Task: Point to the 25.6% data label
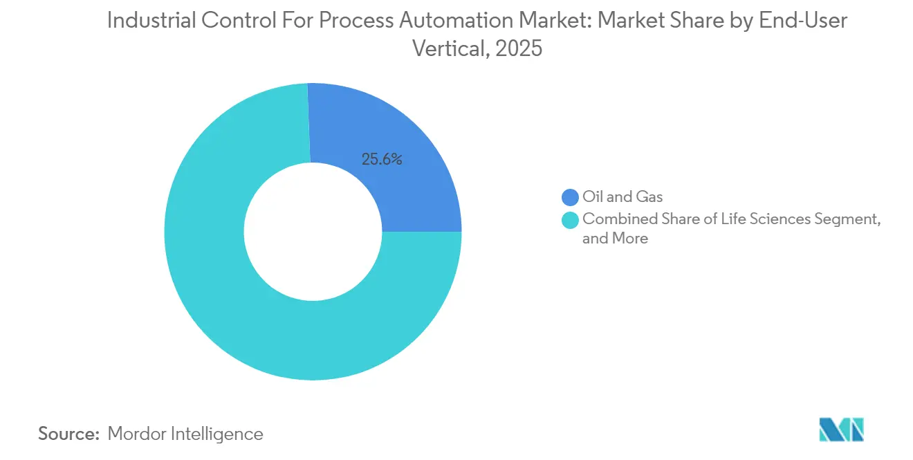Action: (382, 159)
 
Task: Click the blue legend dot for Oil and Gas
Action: (571, 198)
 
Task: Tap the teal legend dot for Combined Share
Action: (571, 220)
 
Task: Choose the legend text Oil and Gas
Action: (622, 198)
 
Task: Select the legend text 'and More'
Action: (615, 239)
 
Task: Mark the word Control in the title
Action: (230, 21)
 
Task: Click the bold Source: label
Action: (69, 434)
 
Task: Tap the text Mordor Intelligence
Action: (185, 434)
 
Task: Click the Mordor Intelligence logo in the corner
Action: (841, 430)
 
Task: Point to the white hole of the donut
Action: (313, 232)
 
